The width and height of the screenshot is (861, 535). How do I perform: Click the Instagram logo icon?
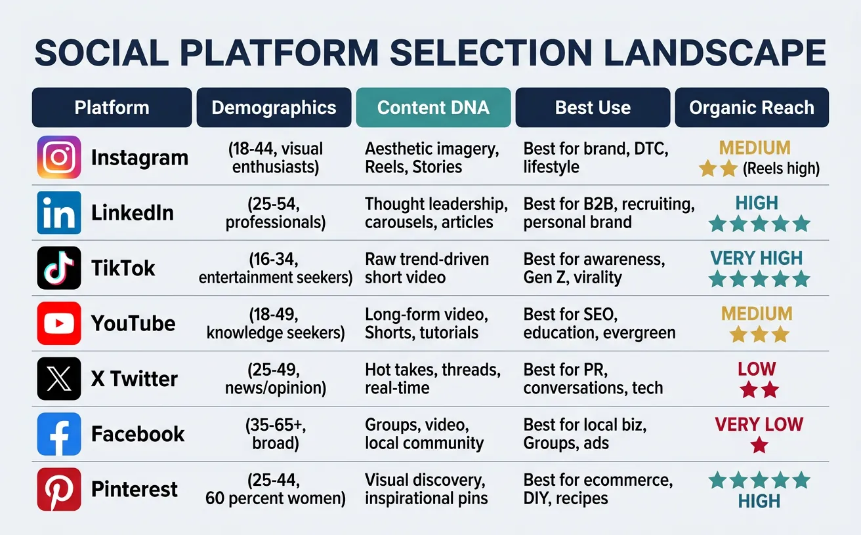click(59, 157)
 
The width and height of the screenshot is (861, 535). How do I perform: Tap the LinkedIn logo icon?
click(59, 212)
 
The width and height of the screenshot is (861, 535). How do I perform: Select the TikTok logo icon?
click(59, 267)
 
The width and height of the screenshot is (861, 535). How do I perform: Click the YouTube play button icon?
click(59, 323)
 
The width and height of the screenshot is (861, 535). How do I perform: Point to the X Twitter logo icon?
click(59, 378)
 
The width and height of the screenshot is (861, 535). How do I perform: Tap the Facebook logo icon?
click(59, 433)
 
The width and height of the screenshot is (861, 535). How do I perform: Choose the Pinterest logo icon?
click(59, 489)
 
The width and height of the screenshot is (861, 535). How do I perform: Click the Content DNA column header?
click(433, 108)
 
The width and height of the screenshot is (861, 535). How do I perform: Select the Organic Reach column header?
click(751, 108)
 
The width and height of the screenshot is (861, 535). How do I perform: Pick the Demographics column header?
click(274, 108)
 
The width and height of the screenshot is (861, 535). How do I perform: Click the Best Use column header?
click(593, 108)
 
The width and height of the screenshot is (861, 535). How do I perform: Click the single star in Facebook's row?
click(759, 446)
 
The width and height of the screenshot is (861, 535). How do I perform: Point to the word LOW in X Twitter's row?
click(757, 369)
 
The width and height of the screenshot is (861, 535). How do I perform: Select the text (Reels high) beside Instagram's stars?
click(781, 169)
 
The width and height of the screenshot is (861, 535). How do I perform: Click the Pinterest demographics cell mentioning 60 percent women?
click(275, 489)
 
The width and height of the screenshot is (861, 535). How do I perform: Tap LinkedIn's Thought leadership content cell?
click(436, 213)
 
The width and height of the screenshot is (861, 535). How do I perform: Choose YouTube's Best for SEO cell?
click(598, 323)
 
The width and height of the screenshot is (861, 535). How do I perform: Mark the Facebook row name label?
click(138, 434)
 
